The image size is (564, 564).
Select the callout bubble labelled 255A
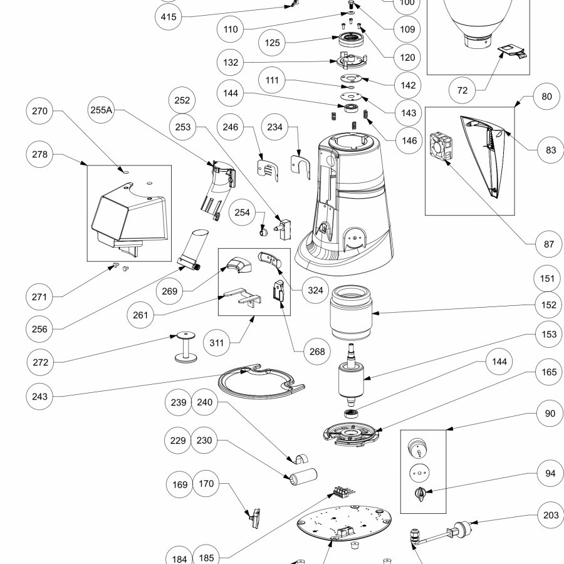tap(100, 110)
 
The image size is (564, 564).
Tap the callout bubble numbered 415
tap(169, 17)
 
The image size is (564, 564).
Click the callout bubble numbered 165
tap(549, 372)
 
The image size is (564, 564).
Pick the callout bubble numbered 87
tap(549, 244)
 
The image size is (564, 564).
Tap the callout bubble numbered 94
tap(549, 474)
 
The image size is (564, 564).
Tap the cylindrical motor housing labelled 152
tap(352, 311)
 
